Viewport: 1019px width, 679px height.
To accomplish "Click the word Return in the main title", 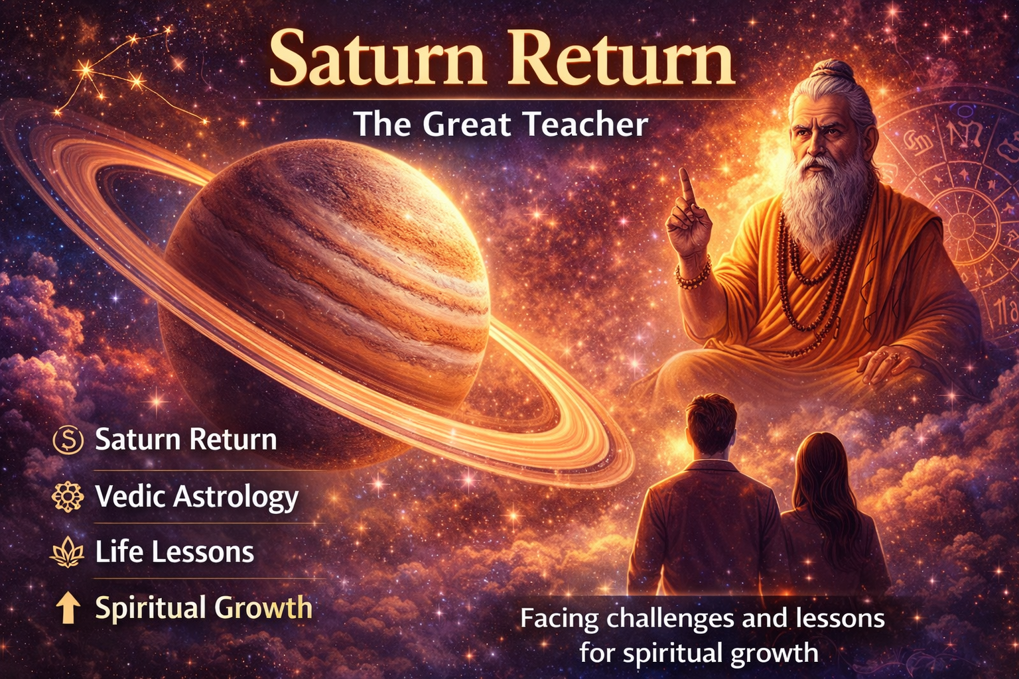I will pos(624,60).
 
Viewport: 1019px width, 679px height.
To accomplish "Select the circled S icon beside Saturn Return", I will pos(68,440).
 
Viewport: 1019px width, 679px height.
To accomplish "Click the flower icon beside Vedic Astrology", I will pos(68,497).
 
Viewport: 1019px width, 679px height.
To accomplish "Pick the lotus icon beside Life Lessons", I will pos(68,552).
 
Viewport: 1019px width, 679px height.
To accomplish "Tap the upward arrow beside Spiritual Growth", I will pos(68,608).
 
